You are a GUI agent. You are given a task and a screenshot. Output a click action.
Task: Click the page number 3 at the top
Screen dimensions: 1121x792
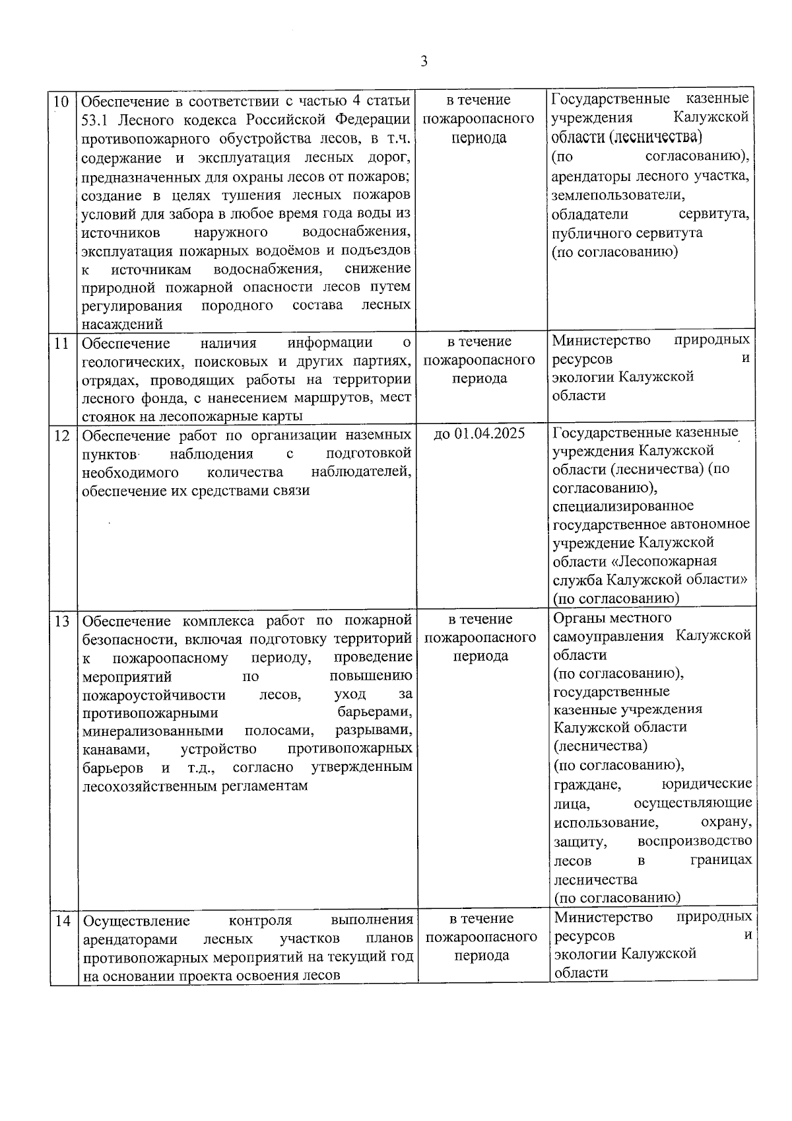coord(424,61)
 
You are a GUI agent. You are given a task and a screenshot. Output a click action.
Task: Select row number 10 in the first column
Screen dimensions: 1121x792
coord(61,102)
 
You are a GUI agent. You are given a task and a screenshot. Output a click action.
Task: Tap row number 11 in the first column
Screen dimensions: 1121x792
coord(61,344)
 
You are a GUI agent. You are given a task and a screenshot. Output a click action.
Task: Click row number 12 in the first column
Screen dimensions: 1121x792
coord(61,435)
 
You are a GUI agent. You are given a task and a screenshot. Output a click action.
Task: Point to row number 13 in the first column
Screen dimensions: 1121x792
coord(61,622)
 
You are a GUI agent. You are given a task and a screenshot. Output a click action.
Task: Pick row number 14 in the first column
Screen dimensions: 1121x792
coord(62,920)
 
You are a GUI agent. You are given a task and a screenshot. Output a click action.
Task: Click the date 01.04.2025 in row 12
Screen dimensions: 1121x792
coord(489,433)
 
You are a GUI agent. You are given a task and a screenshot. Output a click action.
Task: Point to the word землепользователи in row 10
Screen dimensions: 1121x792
coord(618,196)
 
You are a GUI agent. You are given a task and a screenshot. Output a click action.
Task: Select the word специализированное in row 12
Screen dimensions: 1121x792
coord(623,506)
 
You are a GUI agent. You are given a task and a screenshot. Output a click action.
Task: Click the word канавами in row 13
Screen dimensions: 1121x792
coord(115,750)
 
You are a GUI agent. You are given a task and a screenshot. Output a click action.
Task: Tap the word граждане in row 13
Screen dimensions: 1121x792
coord(587,784)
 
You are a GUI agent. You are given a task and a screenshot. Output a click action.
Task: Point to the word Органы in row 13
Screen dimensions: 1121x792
coord(576,618)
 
